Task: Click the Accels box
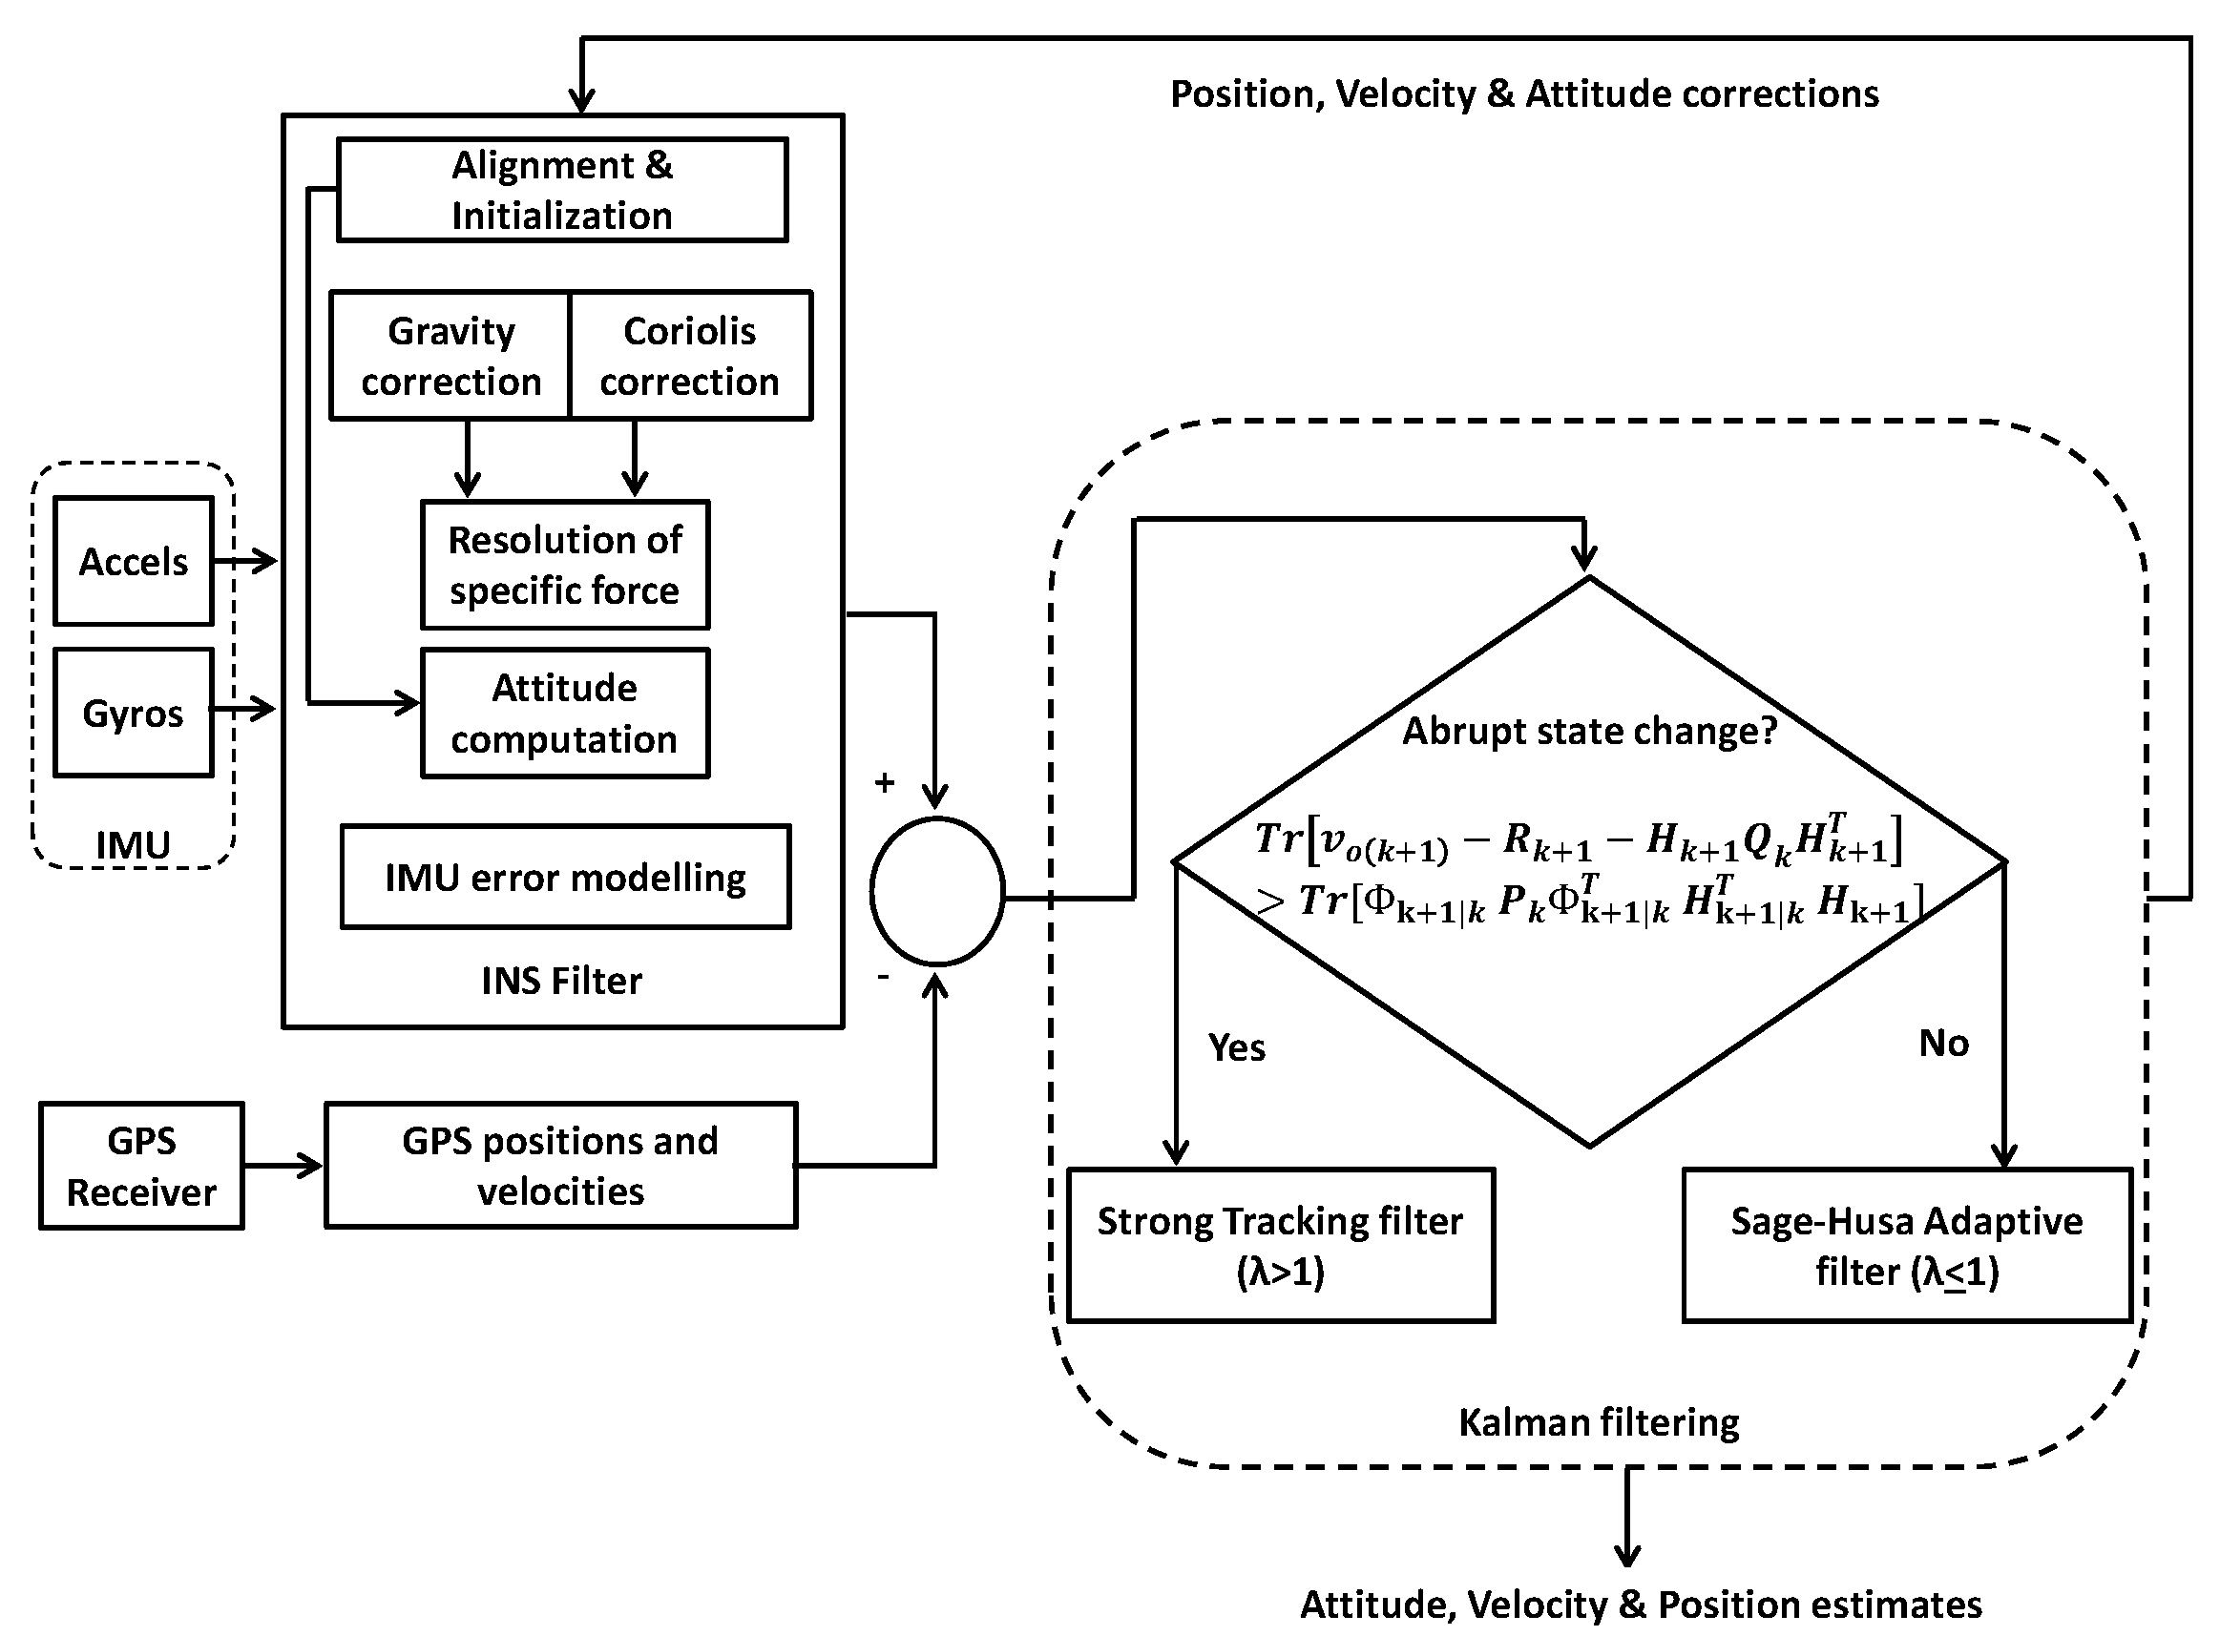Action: coord(133,562)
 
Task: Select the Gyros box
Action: coord(133,713)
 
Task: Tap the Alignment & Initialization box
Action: coord(562,190)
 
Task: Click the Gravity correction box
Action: coord(450,356)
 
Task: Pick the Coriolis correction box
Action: coord(690,356)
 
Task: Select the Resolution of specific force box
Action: coord(565,565)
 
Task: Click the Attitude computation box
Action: coord(565,713)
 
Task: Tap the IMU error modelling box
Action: coord(565,878)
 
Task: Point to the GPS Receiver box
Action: coord(141,1166)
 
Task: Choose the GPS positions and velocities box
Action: coord(560,1166)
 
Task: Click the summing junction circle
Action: coord(937,891)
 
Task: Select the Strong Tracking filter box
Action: coord(1280,1245)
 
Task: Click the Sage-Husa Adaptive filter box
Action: coord(1907,1245)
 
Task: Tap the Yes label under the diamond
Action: coord(1236,1047)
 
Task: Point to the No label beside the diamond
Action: coord(1943,1044)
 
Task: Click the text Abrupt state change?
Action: coord(1589,731)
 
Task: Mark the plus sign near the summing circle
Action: coord(885,782)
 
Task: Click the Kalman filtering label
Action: coord(1599,1422)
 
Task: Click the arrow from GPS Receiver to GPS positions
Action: coord(283,1166)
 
